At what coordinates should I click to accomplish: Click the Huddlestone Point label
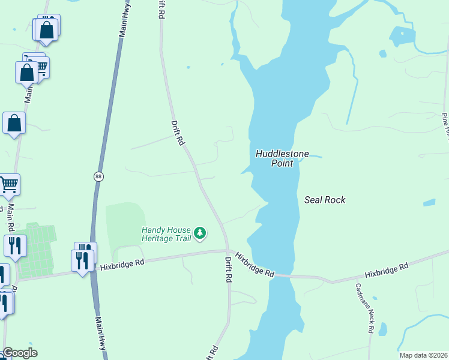click(x=282, y=158)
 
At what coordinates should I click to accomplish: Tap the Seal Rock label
click(x=325, y=200)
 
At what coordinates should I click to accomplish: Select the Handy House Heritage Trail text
click(x=166, y=234)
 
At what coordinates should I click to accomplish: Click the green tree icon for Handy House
click(x=200, y=233)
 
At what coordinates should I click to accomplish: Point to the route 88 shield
click(x=98, y=176)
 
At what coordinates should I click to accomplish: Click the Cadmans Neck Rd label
click(x=364, y=308)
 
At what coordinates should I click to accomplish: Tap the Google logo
click(x=19, y=353)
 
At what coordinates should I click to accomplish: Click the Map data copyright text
click(x=423, y=355)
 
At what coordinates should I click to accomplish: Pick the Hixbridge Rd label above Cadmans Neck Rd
click(x=387, y=269)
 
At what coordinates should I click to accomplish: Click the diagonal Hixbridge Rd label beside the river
click(x=255, y=264)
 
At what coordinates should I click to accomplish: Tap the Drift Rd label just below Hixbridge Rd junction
click(x=229, y=270)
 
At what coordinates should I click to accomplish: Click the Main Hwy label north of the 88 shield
click(x=124, y=22)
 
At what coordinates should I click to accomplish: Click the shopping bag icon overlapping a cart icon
click(x=27, y=72)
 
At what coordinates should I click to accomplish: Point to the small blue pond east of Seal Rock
click(x=429, y=203)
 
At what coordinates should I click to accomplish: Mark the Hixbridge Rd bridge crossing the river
click(x=282, y=276)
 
